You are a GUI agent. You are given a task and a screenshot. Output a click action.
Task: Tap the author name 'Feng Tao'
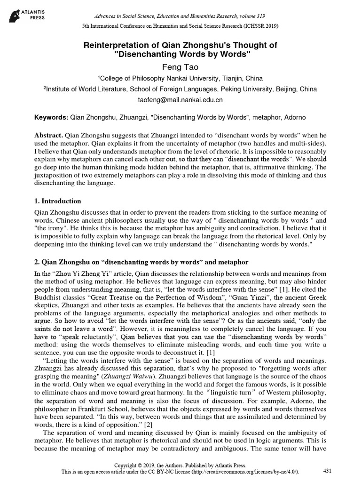pos(180,67)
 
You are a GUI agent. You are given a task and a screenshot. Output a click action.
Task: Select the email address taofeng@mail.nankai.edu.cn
pos(180,100)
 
